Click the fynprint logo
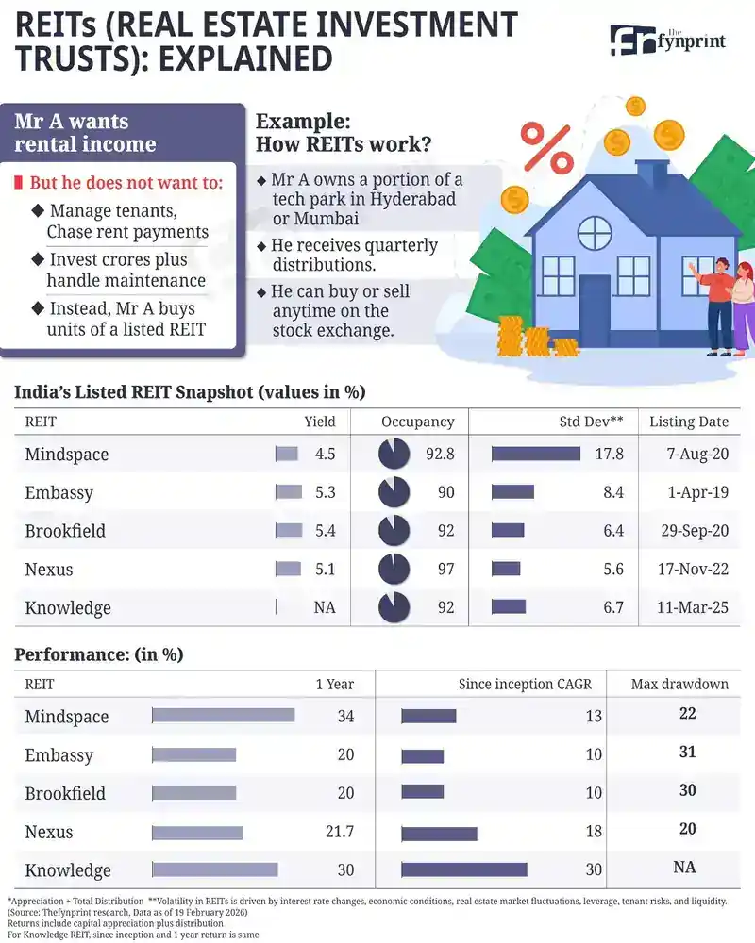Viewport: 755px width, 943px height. (670, 40)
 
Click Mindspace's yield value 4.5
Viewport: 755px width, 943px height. (326, 454)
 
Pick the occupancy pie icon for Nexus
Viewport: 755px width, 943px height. (394, 570)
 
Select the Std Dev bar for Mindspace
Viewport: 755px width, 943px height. (535, 454)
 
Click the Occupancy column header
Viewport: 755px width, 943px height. (417, 422)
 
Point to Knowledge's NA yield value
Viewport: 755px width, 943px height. (325, 608)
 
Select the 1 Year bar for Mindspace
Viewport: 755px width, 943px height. (224, 717)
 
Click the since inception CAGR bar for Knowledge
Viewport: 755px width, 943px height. (464, 870)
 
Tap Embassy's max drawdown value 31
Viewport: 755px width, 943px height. (687, 752)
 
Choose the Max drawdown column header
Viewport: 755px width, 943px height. (679, 684)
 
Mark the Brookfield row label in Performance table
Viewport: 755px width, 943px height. (65, 793)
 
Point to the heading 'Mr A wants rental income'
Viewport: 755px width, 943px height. (85, 133)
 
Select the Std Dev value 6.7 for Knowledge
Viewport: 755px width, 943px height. (613, 608)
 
